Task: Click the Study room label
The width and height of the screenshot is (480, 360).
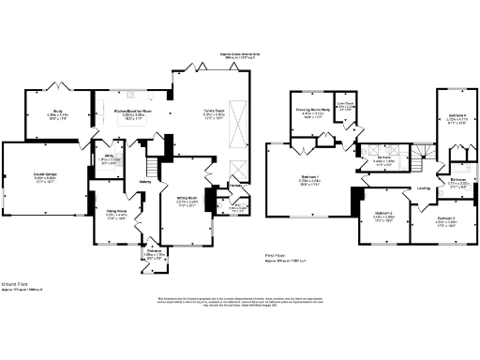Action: point(58,114)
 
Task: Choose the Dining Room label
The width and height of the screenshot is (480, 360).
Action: point(115,216)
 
